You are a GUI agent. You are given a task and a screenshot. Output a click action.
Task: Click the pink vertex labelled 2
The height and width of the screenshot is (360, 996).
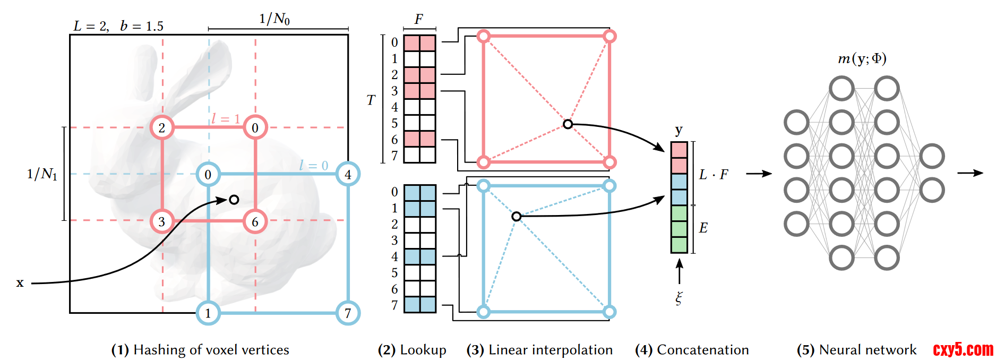click(x=162, y=127)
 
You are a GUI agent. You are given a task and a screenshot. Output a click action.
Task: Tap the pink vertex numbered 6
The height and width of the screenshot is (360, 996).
click(x=255, y=221)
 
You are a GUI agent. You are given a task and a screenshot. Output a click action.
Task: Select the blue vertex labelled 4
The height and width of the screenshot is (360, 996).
click(x=348, y=174)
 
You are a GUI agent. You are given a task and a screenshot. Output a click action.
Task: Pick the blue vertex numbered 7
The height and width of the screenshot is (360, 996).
click(x=348, y=313)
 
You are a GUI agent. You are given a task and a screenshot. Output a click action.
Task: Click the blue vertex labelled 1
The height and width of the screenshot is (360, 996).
click(x=208, y=313)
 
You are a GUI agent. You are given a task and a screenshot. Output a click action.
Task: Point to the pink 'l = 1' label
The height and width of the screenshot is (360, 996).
click(x=226, y=118)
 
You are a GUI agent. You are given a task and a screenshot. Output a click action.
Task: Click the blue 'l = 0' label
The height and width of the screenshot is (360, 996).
click(x=313, y=166)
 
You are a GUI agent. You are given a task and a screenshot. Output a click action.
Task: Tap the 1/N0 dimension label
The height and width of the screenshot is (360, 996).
click(x=274, y=19)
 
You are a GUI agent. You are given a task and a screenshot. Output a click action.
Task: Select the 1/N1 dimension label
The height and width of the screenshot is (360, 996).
click(x=42, y=174)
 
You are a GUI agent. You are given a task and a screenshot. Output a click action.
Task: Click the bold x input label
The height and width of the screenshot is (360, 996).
click(x=20, y=283)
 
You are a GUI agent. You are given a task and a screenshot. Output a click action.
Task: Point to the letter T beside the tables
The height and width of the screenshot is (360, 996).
click(x=371, y=100)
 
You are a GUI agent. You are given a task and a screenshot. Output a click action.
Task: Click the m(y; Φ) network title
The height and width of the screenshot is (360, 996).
click(x=862, y=58)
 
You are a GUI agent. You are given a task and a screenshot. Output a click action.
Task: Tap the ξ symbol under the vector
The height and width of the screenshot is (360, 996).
click(x=679, y=298)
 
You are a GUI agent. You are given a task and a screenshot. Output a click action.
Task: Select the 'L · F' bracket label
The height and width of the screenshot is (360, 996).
click(x=714, y=174)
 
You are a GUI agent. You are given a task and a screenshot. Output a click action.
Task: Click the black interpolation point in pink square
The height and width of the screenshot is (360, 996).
click(x=568, y=124)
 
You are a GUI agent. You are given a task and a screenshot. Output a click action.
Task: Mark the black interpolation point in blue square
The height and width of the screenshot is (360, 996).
click(x=516, y=216)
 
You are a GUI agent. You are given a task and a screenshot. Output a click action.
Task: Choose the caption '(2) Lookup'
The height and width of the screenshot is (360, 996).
click(x=412, y=350)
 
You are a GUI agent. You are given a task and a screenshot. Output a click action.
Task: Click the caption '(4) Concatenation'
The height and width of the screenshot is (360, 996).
click(x=692, y=350)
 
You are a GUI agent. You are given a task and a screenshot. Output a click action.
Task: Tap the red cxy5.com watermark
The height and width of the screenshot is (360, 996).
click(x=963, y=349)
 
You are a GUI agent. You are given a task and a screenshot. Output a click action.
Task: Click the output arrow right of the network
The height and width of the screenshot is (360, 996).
click(x=970, y=173)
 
